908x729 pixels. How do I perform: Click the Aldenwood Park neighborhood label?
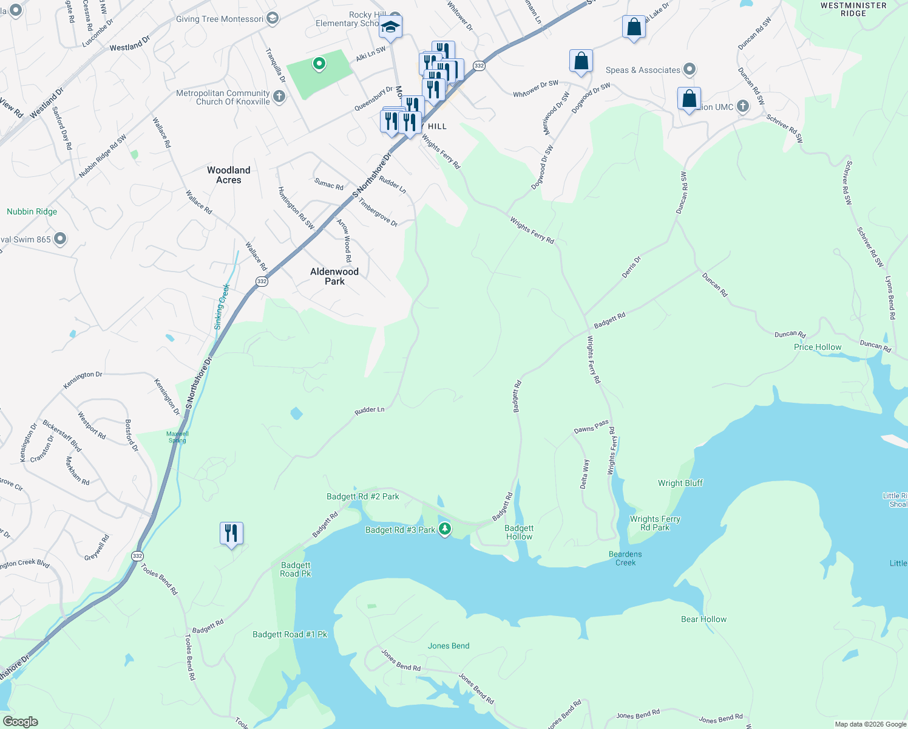click(x=334, y=276)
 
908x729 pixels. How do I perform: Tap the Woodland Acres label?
click(x=228, y=175)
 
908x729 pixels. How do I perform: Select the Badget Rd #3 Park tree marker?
click(x=445, y=529)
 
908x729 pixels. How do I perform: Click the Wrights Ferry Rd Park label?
click(x=655, y=523)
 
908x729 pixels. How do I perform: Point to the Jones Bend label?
click(x=449, y=646)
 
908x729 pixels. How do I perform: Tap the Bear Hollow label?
click(x=703, y=619)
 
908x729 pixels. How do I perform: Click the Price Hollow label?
click(x=818, y=347)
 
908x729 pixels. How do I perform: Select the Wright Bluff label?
click(x=680, y=483)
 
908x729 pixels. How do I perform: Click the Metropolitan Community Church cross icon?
click(x=279, y=96)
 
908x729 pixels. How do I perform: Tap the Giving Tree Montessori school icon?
click(x=273, y=18)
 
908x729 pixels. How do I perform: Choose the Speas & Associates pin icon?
click(x=689, y=69)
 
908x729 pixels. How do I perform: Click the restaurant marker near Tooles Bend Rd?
click(x=231, y=533)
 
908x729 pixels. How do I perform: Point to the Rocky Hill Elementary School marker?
click(x=390, y=27)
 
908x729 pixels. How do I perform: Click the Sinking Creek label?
click(x=222, y=307)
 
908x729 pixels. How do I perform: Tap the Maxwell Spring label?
click(x=177, y=437)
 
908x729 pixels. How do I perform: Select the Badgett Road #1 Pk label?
click(x=290, y=634)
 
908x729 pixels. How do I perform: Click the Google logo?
click(x=21, y=722)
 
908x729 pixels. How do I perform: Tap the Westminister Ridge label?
click(x=853, y=9)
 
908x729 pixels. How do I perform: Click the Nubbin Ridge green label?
click(x=32, y=211)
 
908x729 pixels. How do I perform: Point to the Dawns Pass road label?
click(x=591, y=426)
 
